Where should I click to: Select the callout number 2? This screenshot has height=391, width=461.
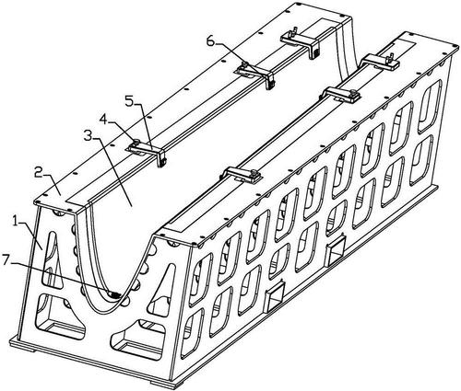click(39, 173)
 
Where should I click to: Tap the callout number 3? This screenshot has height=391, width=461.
click(89, 135)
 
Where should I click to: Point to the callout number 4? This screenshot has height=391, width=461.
click(103, 120)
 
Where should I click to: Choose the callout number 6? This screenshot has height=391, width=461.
click(210, 41)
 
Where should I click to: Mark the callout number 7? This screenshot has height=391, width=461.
click(7, 260)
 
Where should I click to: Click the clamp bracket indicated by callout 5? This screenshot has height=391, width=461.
click(148, 152)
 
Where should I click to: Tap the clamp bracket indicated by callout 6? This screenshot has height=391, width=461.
click(254, 75)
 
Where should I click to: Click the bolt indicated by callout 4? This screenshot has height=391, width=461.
click(136, 142)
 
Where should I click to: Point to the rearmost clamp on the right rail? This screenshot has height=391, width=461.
click(380, 61)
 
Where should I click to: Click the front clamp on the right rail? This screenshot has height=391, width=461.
click(242, 175)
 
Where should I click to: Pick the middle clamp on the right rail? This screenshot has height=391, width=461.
click(342, 94)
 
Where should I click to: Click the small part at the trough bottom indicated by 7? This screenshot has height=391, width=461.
click(114, 294)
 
